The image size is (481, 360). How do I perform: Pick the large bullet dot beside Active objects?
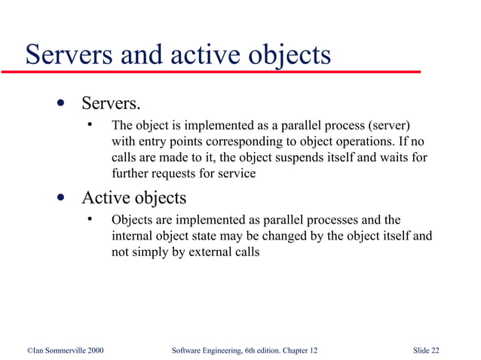(59, 198)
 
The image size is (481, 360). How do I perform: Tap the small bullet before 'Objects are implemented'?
(89, 220)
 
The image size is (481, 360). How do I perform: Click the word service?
(237, 174)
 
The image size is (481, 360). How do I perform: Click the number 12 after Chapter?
(313, 350)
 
